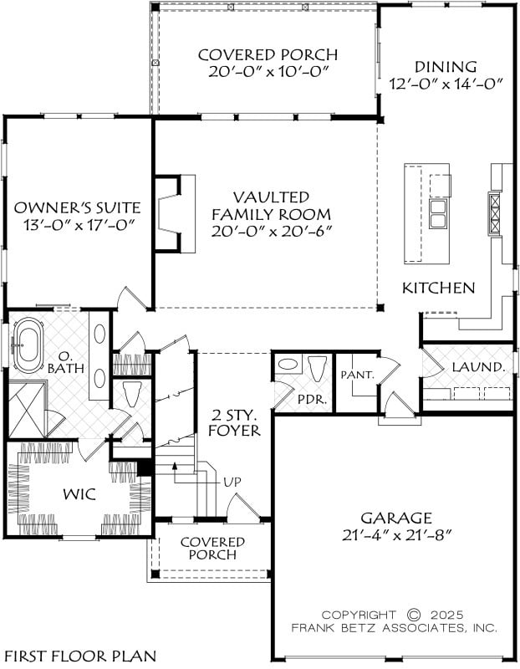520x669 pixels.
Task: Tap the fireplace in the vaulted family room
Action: coord(174,213)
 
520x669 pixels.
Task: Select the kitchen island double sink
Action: coord(438,213)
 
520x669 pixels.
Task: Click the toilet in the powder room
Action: coord(317,369)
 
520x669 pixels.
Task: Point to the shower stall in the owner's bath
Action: coord(27,410)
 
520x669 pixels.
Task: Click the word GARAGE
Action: coord(396,518)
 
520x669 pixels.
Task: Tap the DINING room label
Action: coord(446,67)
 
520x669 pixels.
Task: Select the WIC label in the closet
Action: coord(79,494)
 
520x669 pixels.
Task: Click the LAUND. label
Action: coord(478,367)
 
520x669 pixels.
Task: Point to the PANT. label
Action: coord(358,375)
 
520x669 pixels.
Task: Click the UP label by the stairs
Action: coord(232,482)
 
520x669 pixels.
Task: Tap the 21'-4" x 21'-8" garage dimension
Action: coord(396,535)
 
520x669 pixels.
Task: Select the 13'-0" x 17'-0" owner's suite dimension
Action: coord(77,224)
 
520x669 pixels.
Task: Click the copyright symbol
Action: coord(413,615)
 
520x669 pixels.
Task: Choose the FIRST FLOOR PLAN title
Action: coord(79,656)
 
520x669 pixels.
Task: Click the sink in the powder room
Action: coord(288,365)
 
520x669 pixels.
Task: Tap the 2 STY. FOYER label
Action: coord(234,422)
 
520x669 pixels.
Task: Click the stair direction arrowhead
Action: coord(174,465)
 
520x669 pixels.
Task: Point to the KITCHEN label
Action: coord(439,288)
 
